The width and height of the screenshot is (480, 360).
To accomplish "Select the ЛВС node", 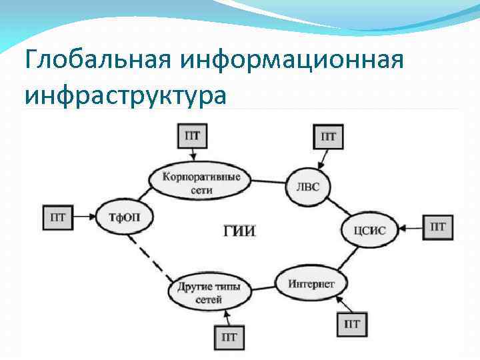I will click(307, 186).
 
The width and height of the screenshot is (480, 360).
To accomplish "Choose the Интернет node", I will click(311, 283).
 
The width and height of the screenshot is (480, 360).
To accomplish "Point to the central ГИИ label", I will click(239, 231).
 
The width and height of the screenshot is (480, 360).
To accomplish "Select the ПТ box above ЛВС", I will click(328, 137).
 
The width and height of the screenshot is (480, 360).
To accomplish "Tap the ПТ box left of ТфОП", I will click(58, 217).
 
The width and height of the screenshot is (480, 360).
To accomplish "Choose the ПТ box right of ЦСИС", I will click(437, 227).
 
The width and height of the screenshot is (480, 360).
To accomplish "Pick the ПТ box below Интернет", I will click(353, 324).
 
